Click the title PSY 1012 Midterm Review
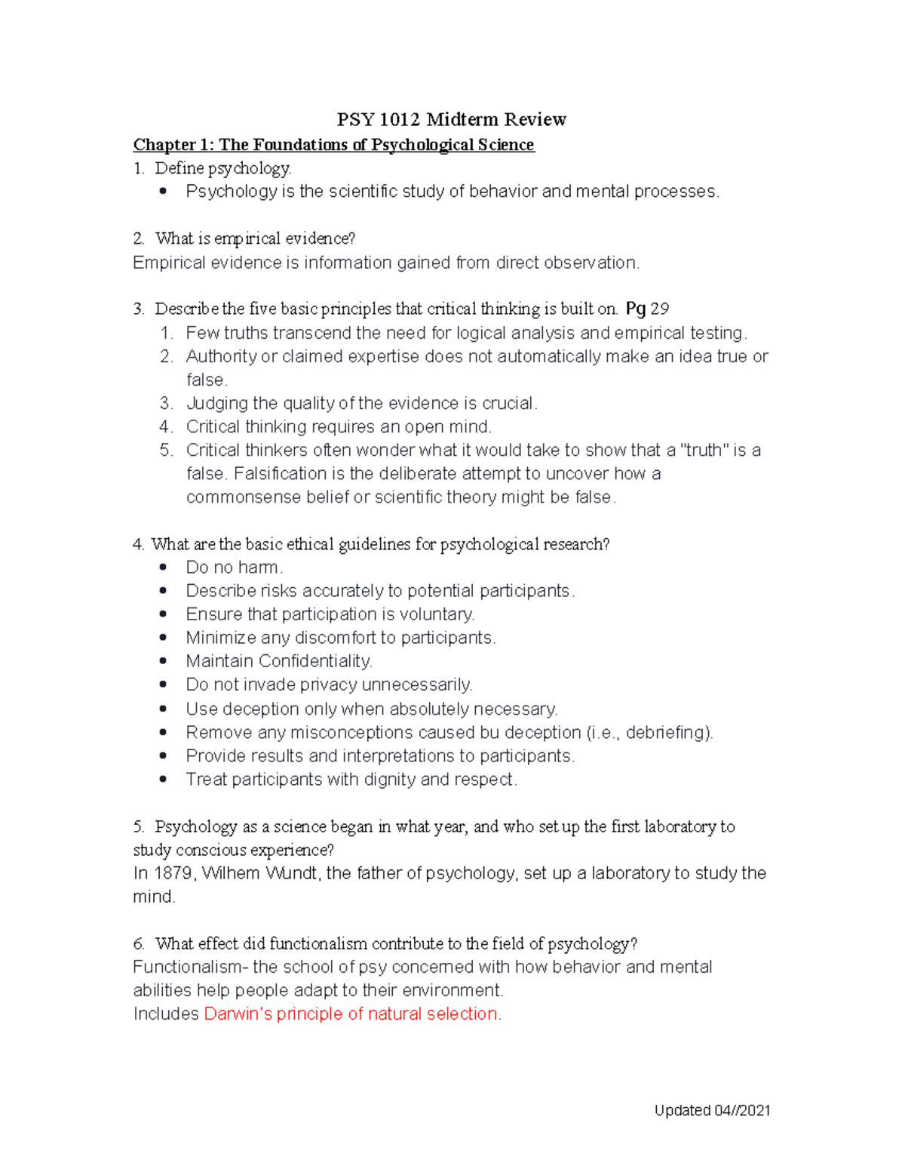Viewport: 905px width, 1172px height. point(451,119)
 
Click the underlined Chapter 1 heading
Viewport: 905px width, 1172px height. point(333,144)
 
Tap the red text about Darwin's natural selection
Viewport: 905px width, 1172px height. point(351,1014)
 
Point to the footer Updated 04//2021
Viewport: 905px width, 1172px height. point(712,1110)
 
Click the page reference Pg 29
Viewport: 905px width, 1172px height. point(647,309)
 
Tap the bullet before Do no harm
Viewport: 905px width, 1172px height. point(163,568)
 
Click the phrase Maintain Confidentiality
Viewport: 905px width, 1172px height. point(279,661)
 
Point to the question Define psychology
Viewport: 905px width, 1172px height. point(222,168)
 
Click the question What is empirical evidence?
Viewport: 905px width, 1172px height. point(254,238)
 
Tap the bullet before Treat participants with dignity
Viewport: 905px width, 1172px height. point(163,779)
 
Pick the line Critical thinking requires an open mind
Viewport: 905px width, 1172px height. point(339,426)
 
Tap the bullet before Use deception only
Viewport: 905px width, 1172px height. point(163,709)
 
